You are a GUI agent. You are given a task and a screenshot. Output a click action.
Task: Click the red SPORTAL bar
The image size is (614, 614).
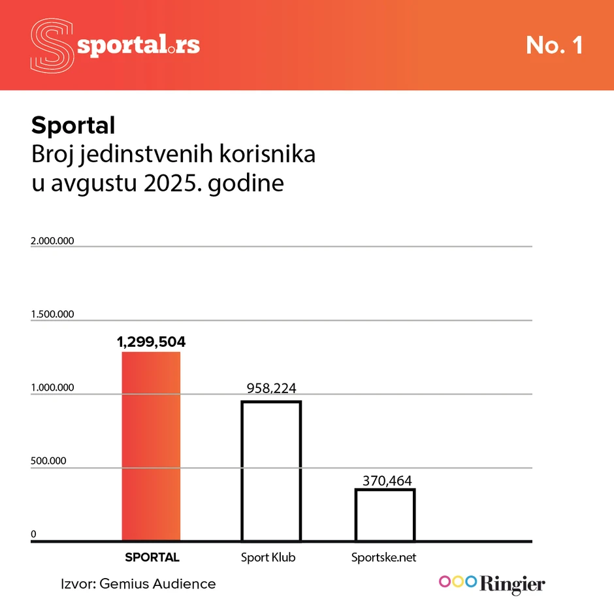[151, 447]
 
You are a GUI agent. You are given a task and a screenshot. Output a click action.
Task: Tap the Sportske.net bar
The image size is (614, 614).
[385, 515]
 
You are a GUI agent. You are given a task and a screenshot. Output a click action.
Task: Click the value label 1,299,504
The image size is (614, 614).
[151, 342]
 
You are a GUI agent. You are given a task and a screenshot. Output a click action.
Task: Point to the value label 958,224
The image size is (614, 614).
[271, 389]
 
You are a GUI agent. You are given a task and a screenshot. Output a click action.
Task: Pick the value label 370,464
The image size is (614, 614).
[385, 481]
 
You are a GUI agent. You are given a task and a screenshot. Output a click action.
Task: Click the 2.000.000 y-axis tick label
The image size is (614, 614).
[52, 241]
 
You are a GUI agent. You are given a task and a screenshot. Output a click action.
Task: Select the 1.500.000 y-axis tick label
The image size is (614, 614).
[52, 314]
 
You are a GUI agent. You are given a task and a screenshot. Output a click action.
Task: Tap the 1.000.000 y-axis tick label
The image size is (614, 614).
[52, 388]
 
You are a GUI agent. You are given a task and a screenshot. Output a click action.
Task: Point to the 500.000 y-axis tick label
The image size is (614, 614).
[48, 461]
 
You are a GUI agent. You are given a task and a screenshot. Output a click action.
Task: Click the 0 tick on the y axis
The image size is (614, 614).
[33, 534]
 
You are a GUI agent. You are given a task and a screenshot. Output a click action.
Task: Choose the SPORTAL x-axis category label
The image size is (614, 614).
[152, 558]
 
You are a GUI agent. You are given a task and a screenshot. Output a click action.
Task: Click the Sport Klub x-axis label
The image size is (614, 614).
[268, 558]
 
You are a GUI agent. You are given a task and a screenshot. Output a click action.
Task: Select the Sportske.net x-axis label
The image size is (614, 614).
[383, 558]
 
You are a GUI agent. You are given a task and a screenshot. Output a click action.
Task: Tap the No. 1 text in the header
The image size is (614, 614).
[554, 45]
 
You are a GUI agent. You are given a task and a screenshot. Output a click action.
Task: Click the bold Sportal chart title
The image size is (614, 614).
[73, 125]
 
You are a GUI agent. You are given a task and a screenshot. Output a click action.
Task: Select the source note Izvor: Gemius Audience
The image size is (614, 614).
[138, 583]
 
